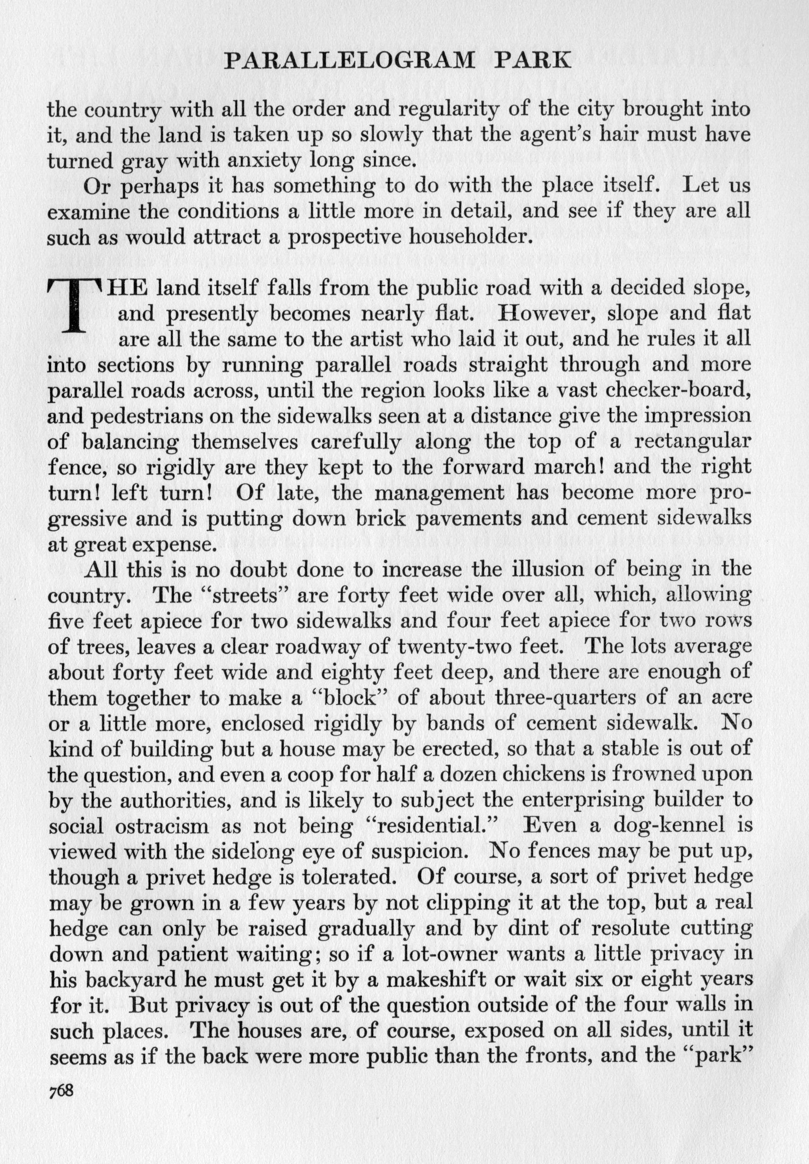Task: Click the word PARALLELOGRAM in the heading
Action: [350, 61]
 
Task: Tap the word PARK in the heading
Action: [532, 61]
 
